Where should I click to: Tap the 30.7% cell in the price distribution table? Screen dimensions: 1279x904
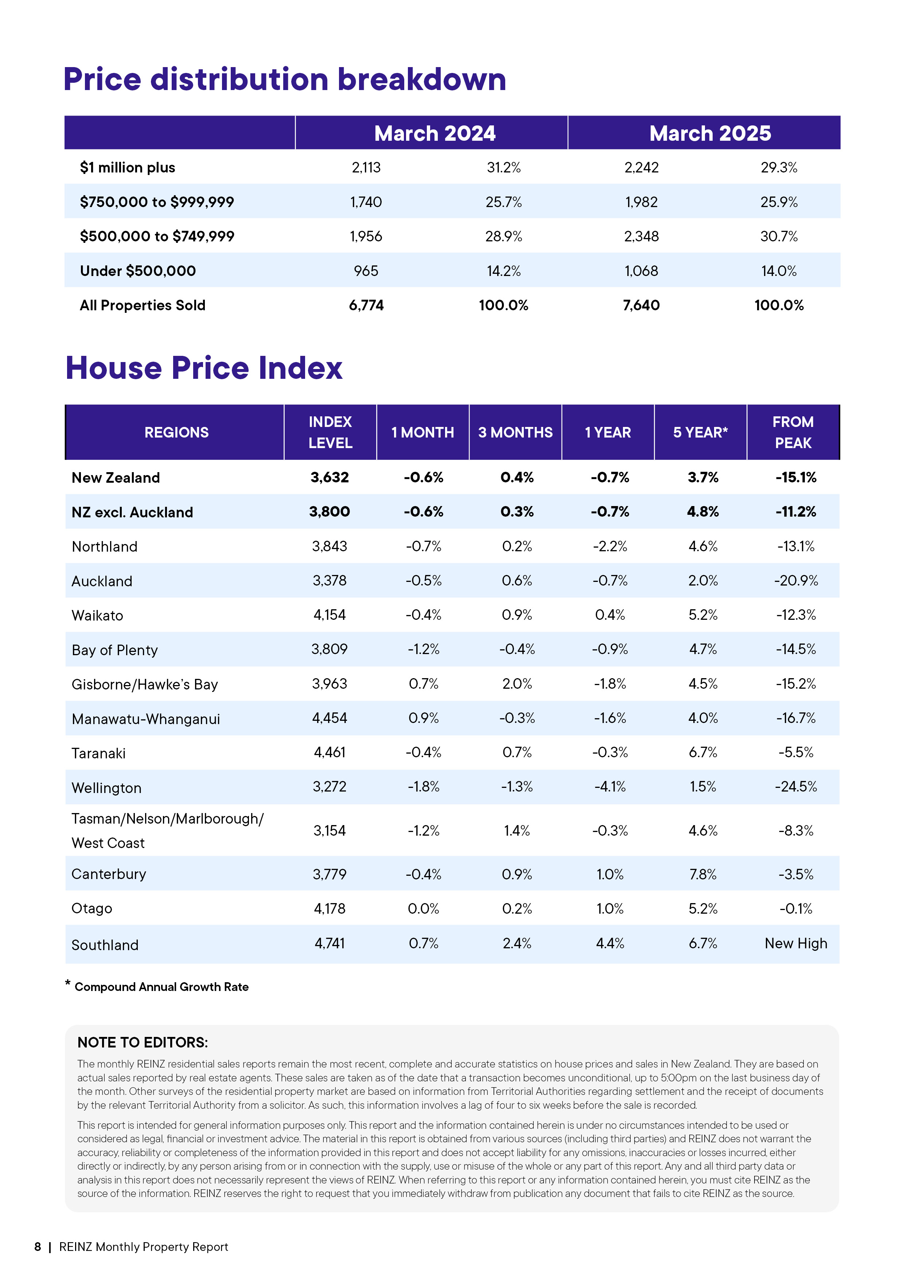click(779, 237)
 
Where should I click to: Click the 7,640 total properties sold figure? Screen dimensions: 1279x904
click(641, 305)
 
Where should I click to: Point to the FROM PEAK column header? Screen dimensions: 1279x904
click(792, 432)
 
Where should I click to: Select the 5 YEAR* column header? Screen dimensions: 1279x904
click(700, 433)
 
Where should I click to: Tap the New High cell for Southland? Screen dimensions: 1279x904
click(795, 944)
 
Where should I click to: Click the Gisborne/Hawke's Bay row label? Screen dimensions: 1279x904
click(145, 685)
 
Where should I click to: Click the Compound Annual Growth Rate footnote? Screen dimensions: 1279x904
click(161, 987)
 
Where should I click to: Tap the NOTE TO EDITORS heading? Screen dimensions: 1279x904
click(143, 1043)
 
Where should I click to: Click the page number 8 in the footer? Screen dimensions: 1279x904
click(38, 1247)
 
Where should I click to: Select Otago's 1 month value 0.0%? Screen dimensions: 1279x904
click(423, 909)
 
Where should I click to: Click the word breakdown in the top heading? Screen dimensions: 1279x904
click(422, 79)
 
